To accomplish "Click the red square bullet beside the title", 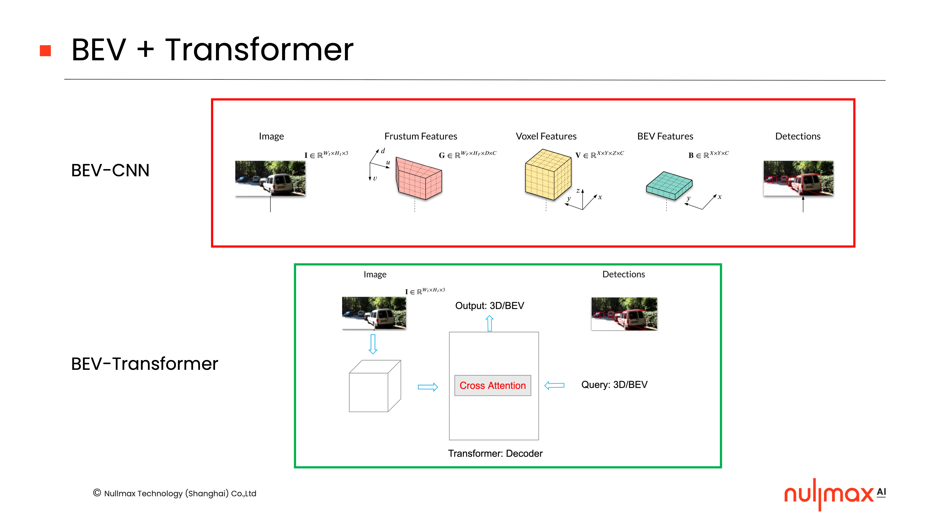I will pos(45,51).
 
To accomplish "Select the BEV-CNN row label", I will pos(110,170).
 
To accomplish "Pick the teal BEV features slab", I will pos(669,185).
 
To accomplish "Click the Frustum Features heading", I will pos(420,136).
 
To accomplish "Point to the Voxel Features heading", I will pos(546,136).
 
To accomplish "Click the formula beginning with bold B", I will pos(708,155).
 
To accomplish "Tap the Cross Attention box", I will pos(492,385).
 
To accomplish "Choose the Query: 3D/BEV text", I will pos(614,384).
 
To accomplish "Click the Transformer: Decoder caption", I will pos(495,453).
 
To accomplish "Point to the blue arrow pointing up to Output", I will pos(489,323).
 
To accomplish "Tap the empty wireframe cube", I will pos(374,386).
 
